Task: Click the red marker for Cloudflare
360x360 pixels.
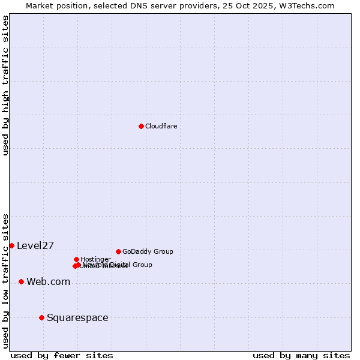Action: click(x=141, y=126)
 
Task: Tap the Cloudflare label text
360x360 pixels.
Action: click(x=161, y=126)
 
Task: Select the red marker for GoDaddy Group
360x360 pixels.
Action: click(x=118, y=251)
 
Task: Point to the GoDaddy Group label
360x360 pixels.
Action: click(x=148, y=251)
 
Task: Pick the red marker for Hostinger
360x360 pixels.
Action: click(x=76, y=259)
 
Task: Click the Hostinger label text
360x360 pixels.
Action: click(x=95, y=259)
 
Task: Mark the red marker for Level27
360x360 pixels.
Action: click(x=11, y=245)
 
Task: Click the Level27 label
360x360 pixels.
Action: click(x=35, y=245)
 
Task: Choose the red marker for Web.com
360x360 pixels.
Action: click(x=21, y=281)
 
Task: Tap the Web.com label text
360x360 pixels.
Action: click(x=48, y=281)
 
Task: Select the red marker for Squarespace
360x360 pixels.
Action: click(x=41, y=317)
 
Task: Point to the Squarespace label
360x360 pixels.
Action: click(x=77, y=317)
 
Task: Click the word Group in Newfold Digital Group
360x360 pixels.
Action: click(x=142, y=265)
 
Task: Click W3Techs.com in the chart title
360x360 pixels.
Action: click(x=307, y=5)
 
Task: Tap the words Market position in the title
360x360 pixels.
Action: click(x=58, y=5)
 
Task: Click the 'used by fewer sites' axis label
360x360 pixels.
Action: click(x=62, y=355)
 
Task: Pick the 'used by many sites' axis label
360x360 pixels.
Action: click(x=301, y=355)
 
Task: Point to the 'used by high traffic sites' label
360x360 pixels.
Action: click(x=5, y=85)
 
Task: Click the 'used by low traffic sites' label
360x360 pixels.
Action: click(x=5, y=280)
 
